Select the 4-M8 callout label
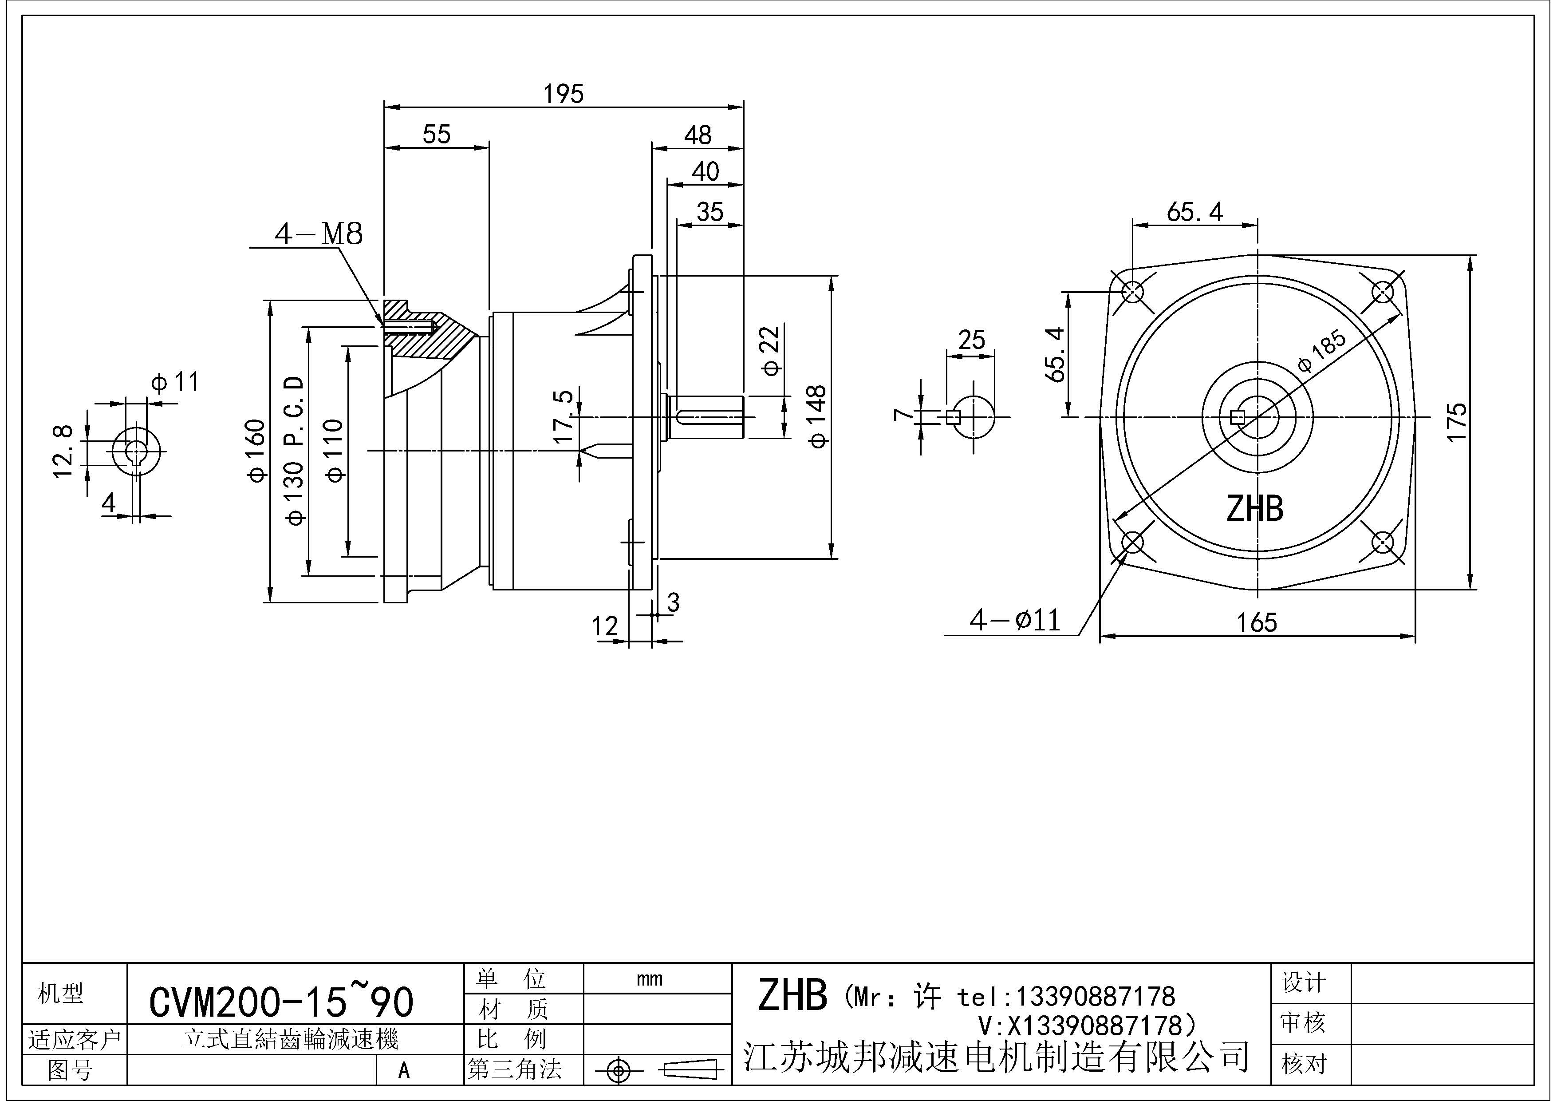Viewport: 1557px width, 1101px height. pos(318,234)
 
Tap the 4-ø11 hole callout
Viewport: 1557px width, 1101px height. pos(1014,620)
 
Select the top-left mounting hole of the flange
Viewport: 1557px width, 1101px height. pos(1132,293)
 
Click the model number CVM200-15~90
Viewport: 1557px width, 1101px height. pos(281,1002)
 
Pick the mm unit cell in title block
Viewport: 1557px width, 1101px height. pos(649,979)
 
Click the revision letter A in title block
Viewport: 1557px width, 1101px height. pos(404,1070)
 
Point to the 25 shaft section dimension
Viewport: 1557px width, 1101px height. pos(971,339)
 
